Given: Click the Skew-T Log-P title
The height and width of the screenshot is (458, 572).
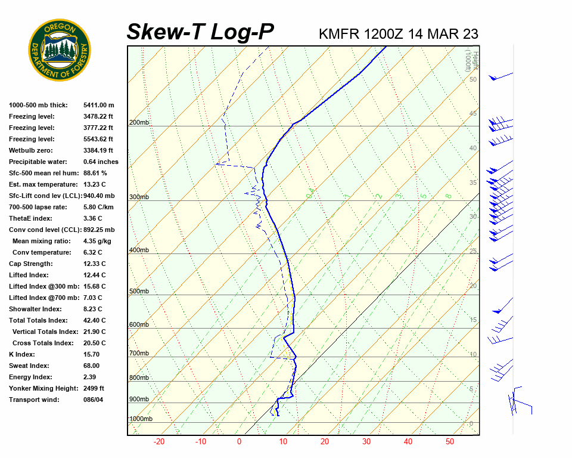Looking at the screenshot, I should point(200,32).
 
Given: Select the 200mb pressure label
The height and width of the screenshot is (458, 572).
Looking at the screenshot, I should point(139,123).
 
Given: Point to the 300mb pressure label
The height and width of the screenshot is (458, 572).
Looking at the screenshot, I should point(139,197).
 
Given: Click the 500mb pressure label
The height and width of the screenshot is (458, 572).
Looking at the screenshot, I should point(139,292).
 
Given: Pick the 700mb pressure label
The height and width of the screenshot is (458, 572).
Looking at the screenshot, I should point(139,354).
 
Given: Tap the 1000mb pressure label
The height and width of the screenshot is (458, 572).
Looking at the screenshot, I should point(141,419).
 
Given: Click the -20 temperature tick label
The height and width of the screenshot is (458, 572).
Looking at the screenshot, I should point(159,442).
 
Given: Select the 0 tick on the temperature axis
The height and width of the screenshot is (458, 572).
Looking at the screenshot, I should point(239,442).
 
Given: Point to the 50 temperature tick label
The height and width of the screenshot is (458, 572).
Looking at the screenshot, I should point(450,442).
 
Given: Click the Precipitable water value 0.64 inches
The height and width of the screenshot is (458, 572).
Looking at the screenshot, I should point(101,162).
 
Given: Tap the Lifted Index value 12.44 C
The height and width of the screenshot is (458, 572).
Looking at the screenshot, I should point(94,275).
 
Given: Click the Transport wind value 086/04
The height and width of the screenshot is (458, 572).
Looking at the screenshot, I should point(94,400).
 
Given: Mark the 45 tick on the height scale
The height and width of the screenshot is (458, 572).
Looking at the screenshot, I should point(473,114).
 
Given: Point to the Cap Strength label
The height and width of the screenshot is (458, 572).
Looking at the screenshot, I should point(30,264).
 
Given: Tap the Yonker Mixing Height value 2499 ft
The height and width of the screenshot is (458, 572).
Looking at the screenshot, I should point(94,388).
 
